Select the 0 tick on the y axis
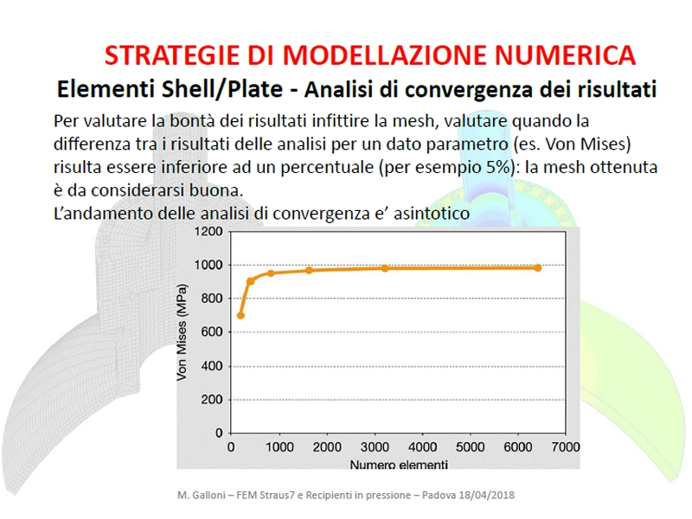(x=219, y=432)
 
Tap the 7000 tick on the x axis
(x=566, y=447)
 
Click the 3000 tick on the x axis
(x=374, y=447)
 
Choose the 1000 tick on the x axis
(x=279, y=447)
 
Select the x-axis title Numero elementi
(x=399, y=465)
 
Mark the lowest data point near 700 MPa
(x=240, y=315)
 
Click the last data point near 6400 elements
(x=537, y=268)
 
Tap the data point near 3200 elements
(x=384, y=268)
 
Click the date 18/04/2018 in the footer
(x=480, y=495)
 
